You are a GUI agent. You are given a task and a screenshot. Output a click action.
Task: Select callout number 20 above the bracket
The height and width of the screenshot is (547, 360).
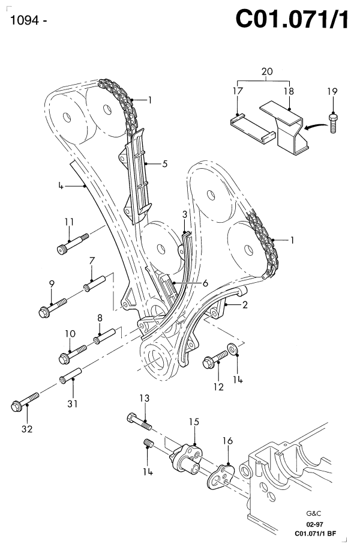[267, 71]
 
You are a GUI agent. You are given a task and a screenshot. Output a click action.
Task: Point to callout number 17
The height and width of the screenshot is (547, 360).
[238, 92]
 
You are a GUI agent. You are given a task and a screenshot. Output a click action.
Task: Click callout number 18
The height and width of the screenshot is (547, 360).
[289, 92]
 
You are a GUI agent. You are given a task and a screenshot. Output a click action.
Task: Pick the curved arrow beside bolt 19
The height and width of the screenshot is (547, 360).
[314, 126]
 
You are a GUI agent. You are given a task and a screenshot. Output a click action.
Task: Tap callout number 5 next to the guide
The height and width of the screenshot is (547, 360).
[165, 163]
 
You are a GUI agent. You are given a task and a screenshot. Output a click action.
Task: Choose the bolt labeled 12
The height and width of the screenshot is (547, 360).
[215, 360]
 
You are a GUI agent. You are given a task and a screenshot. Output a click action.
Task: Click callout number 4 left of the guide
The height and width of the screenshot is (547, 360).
[60, 187]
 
